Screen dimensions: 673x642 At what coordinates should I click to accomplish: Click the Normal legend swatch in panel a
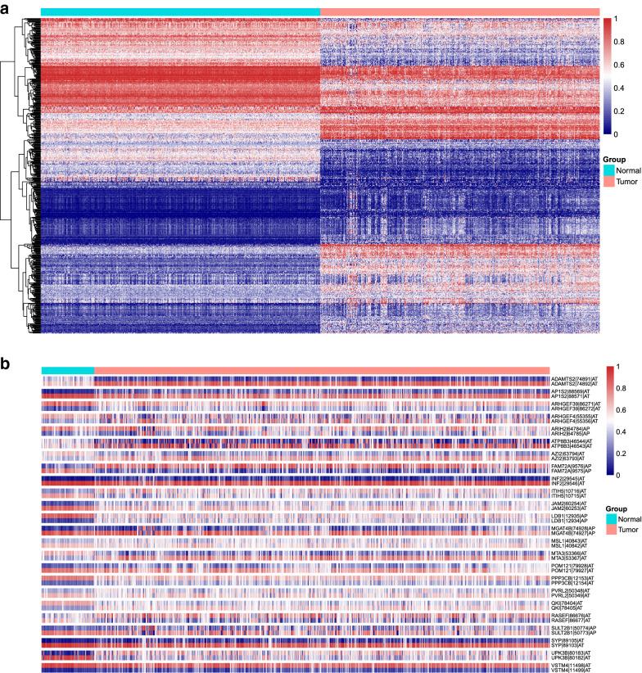(x=608, y=170)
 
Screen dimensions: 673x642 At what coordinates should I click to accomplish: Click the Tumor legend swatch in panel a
(x=608, y=183)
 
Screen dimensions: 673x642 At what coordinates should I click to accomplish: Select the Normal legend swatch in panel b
(x=608, y=519)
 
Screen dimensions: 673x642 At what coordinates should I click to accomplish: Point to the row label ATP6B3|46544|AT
(x=575, y=440)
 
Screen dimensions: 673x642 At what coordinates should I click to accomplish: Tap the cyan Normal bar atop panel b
(x=68, y=370)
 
